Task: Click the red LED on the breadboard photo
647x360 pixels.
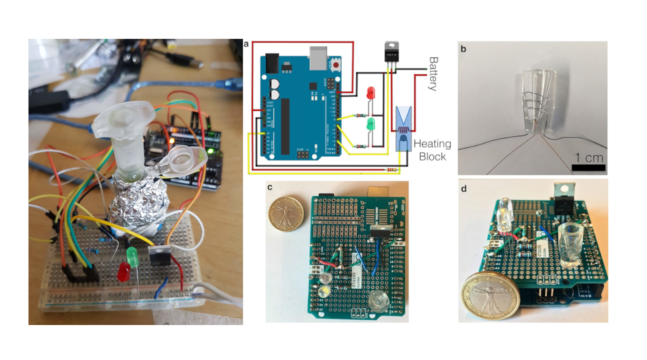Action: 124,271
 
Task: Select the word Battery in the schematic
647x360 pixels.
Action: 433,74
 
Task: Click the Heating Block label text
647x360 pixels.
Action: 432,150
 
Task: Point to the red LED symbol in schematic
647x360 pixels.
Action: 371,93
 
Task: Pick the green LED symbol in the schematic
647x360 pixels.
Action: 371,125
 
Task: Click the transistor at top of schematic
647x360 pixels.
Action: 391,52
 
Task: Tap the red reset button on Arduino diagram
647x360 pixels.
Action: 336,65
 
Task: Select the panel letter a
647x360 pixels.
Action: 246,44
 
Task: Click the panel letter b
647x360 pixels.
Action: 464,49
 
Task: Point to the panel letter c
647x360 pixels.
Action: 270,187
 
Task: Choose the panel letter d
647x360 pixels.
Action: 464,189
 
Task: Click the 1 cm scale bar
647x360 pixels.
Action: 588,167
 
